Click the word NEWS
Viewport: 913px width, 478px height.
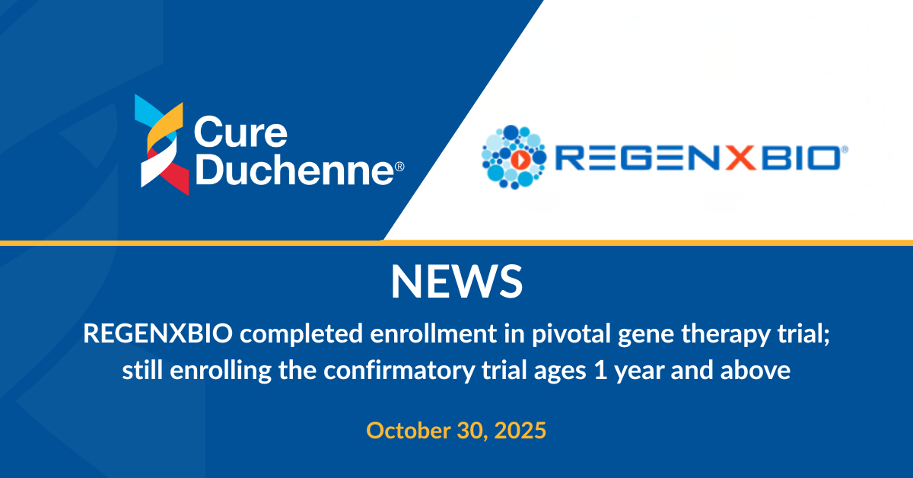456,282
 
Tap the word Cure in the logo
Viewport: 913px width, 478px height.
240,132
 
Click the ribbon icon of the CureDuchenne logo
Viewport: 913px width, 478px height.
162,145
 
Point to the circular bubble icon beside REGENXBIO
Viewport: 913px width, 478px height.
514,157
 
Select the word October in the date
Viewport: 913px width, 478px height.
408,430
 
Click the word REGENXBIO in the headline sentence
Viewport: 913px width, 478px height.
157,333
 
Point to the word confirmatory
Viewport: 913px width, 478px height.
399,371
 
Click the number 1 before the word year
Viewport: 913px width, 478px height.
600,371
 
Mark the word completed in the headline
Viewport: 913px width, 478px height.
301,334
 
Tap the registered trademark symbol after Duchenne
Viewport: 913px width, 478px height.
399,167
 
